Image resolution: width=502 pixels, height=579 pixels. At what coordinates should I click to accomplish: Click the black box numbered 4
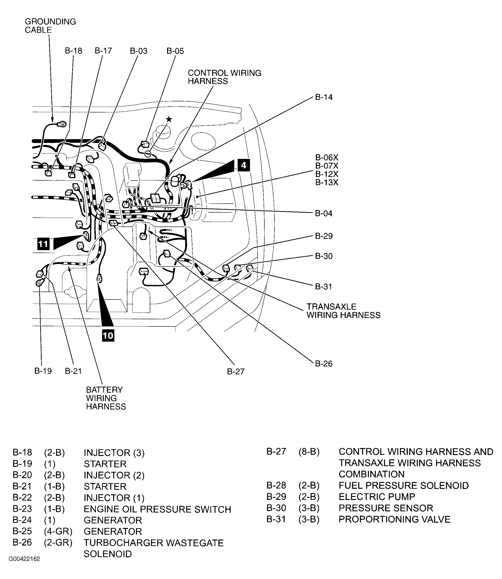[x=243, y=165]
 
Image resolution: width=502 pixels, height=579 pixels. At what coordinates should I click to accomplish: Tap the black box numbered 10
[x=108, y=335]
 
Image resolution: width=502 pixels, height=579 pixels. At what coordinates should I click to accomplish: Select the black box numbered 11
[x=43, y=244]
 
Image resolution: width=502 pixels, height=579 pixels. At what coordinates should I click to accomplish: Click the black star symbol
[x=169, y=120]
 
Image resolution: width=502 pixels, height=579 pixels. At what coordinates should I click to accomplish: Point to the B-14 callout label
[x=324, y=97]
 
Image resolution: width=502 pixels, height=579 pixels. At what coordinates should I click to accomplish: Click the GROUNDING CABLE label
[x=50, y=26]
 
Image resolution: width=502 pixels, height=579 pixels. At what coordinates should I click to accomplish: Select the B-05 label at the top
[x=175, y=51]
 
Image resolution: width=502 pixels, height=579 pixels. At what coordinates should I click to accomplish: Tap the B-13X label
[x=327, y=182]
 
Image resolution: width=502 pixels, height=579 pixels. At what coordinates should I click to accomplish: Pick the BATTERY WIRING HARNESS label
[x=106, y=398]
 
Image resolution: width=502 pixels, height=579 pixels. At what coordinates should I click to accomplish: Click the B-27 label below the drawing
[x=236, y=371]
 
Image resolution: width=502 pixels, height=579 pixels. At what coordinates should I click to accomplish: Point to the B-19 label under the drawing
[x=43, y=371]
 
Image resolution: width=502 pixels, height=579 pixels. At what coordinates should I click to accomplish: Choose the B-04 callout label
[x=324, y=214]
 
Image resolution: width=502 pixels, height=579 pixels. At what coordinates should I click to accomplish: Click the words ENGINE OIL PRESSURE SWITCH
[x=157, y=509]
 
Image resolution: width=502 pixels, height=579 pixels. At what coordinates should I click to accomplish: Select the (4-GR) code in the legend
[x=58, y=531]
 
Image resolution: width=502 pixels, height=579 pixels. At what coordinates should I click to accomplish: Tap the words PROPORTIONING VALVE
[x=394, y=519]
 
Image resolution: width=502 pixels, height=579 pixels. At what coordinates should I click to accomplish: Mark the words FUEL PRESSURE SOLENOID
[x=403, y=485]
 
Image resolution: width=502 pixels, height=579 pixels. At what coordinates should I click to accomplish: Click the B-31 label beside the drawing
[x=323, y=286]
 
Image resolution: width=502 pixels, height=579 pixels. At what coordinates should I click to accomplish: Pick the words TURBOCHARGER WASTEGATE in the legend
[x=154, y=543]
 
